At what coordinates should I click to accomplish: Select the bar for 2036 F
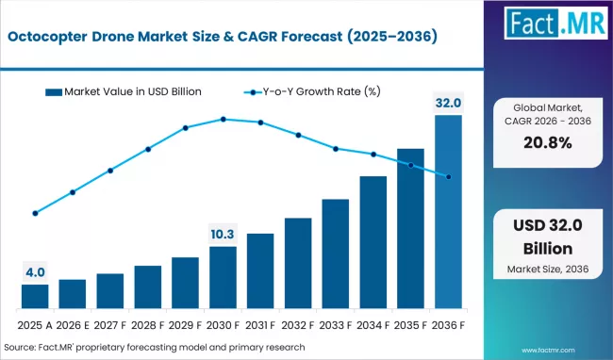448,212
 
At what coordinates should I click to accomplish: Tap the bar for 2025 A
35,297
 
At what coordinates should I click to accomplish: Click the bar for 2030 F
223,278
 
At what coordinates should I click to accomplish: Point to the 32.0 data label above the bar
448,100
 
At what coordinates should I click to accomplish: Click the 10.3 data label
223,232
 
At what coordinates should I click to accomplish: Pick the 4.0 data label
35,271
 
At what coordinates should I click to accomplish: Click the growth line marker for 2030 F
223,120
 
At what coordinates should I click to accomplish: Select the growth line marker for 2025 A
35,213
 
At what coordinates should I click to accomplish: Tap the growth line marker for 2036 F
448,176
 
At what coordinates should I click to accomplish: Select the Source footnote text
155,348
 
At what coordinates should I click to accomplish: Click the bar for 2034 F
373,243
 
